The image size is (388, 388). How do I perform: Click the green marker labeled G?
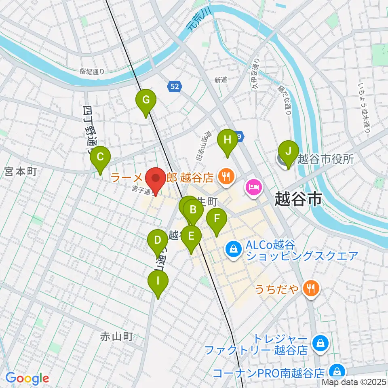[146, 99]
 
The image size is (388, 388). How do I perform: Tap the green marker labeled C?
[101, 157]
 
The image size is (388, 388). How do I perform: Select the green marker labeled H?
[228, 140]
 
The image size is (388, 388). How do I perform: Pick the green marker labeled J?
[288, 151]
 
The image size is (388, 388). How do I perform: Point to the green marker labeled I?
[158, 280]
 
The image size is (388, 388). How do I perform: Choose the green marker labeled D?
[158, 241]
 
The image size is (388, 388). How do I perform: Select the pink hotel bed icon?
[253, 187]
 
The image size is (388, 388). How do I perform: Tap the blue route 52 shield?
[174, 86]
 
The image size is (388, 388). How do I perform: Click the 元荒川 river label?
[197, 21]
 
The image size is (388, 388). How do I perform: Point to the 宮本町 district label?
[21, 172]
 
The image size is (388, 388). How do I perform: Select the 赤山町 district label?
[116, 336]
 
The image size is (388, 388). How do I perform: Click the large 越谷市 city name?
[298, 199]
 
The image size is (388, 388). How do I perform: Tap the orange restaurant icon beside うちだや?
[313, 289]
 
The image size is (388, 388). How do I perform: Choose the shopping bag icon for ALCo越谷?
[234, 249]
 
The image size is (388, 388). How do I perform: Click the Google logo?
[27, 378]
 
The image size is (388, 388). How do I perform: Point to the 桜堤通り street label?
[92, 72]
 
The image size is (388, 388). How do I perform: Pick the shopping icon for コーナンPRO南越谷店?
[336, 371]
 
